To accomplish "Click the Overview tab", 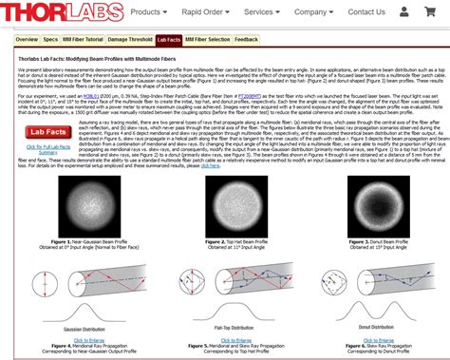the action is pyautogui.click(x=27, y=40).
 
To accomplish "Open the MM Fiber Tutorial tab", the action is pyautogui.click(x=84, y=40).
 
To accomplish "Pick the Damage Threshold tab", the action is pyautogui.click(x=130, y=40).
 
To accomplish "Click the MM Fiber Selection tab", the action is pyautogui.click(x=208, y=40).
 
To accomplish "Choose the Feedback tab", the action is pyautogui.click(x=246, y=40).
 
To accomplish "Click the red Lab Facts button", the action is pyautogui.click(x=47, y=133).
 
